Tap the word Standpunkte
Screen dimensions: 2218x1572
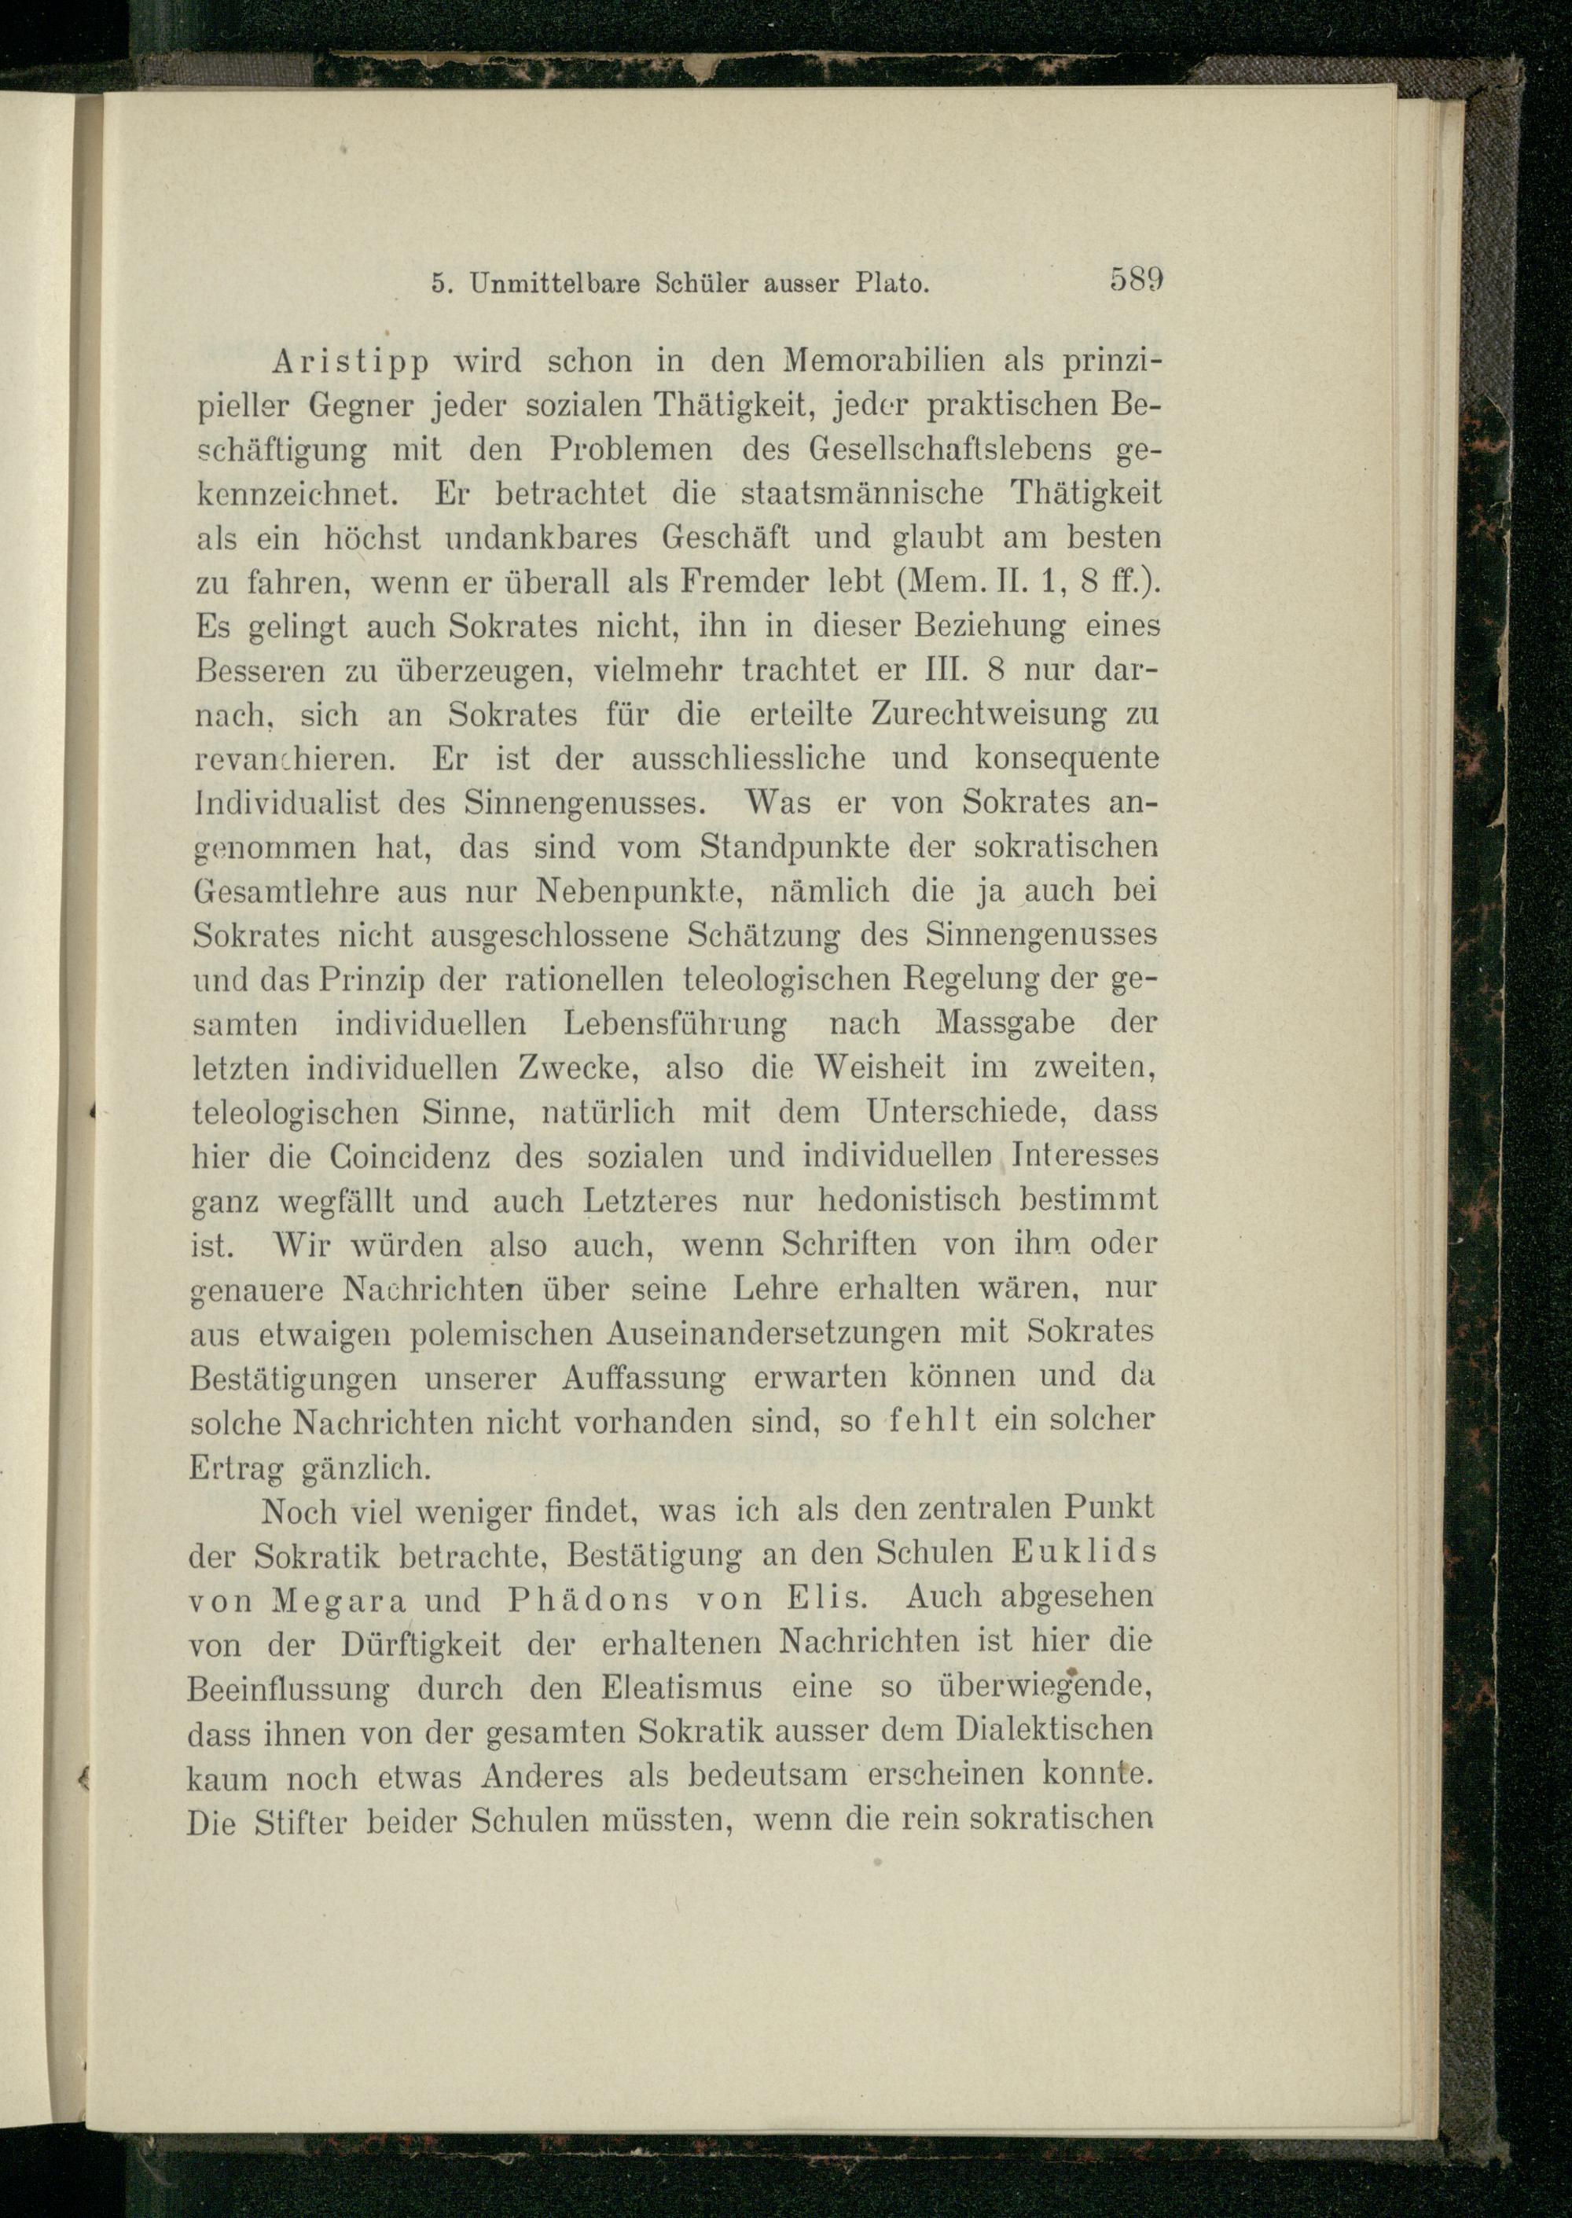click(x=795, y=846)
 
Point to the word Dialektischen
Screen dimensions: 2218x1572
click(x=1053, y=1732)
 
